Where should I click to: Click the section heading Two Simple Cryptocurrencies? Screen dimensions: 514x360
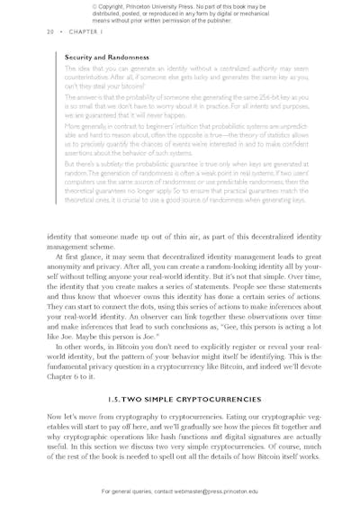[180, 397]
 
